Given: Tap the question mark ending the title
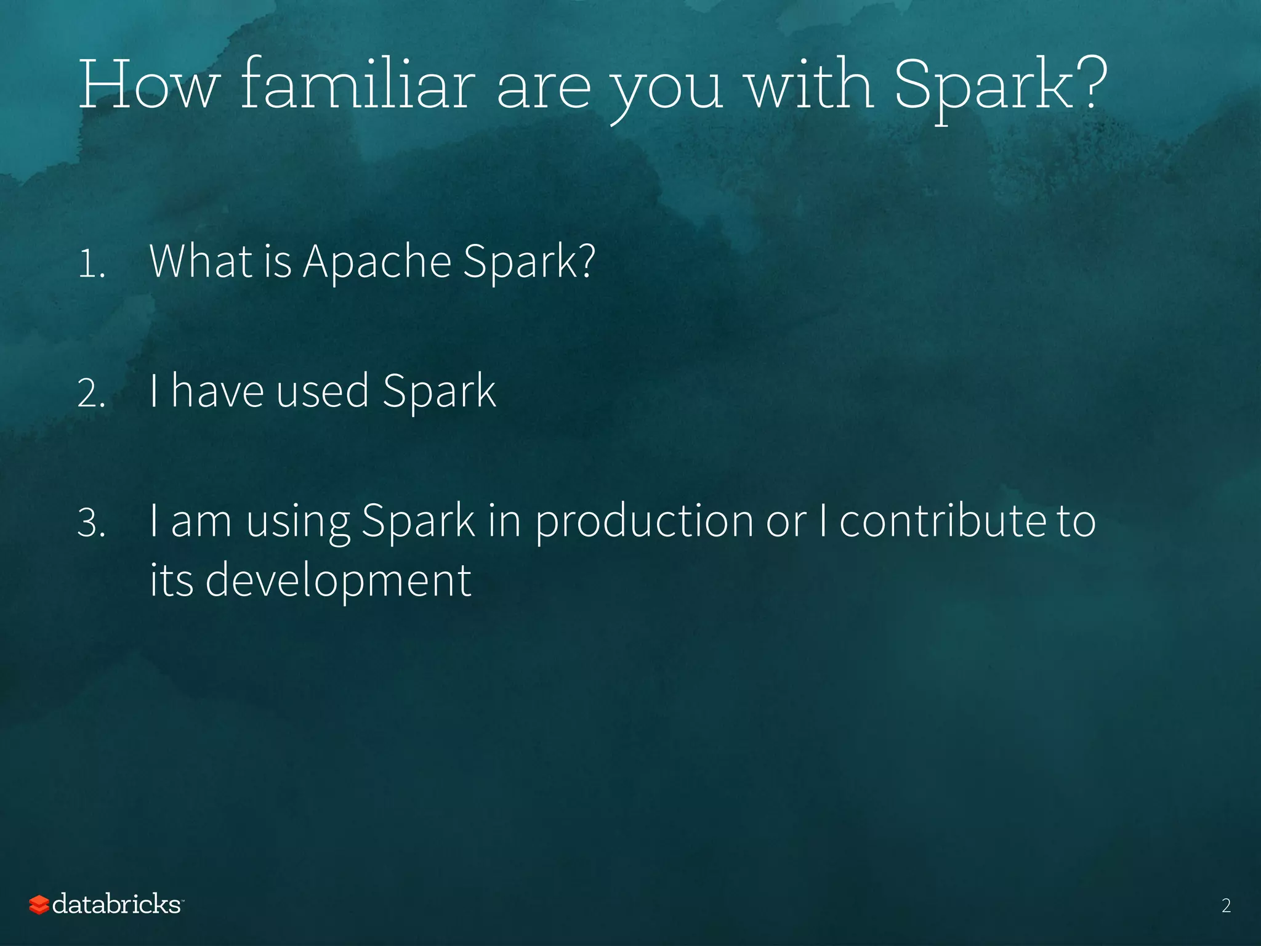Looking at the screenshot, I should point(1092,83).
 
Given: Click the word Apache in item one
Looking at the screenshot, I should point(377,262).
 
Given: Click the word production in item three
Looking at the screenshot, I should point(643,522).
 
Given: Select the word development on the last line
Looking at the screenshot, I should point(338,581).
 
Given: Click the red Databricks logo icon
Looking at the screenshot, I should point(39,905).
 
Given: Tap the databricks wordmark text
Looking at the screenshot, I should point(116,904).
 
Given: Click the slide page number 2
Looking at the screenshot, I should point(1225,905).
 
